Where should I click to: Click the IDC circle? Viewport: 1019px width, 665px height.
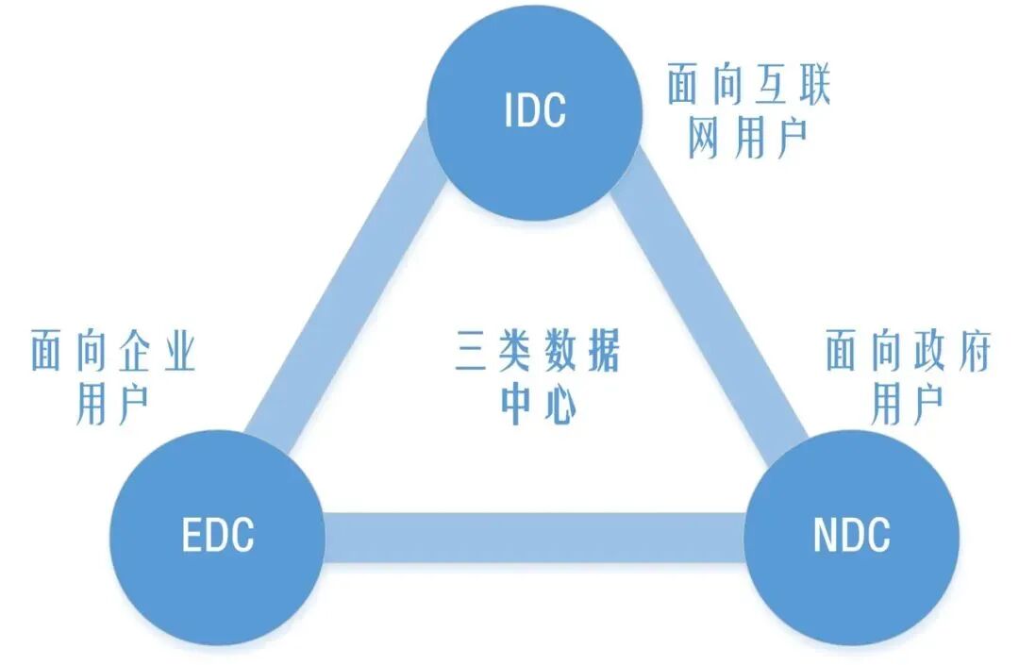534,112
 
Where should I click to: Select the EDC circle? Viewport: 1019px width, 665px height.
217,537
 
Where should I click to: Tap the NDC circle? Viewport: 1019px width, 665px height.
851,537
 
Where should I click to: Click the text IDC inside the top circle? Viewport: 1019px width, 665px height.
535,109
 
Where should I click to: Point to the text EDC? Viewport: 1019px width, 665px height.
217,535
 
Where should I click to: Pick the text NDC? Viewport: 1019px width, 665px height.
851,535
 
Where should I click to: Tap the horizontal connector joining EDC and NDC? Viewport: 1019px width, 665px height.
533,537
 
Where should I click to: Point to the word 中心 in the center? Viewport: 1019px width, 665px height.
538,405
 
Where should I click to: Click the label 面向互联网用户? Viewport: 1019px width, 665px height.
748,110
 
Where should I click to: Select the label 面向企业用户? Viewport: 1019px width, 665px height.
113,377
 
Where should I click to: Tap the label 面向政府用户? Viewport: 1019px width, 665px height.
908,377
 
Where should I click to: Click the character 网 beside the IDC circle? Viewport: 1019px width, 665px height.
704,139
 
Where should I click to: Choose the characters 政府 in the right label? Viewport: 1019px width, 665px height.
952,351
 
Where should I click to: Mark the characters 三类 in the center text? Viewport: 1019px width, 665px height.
493,351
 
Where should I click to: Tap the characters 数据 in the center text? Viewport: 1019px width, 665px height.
581,351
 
